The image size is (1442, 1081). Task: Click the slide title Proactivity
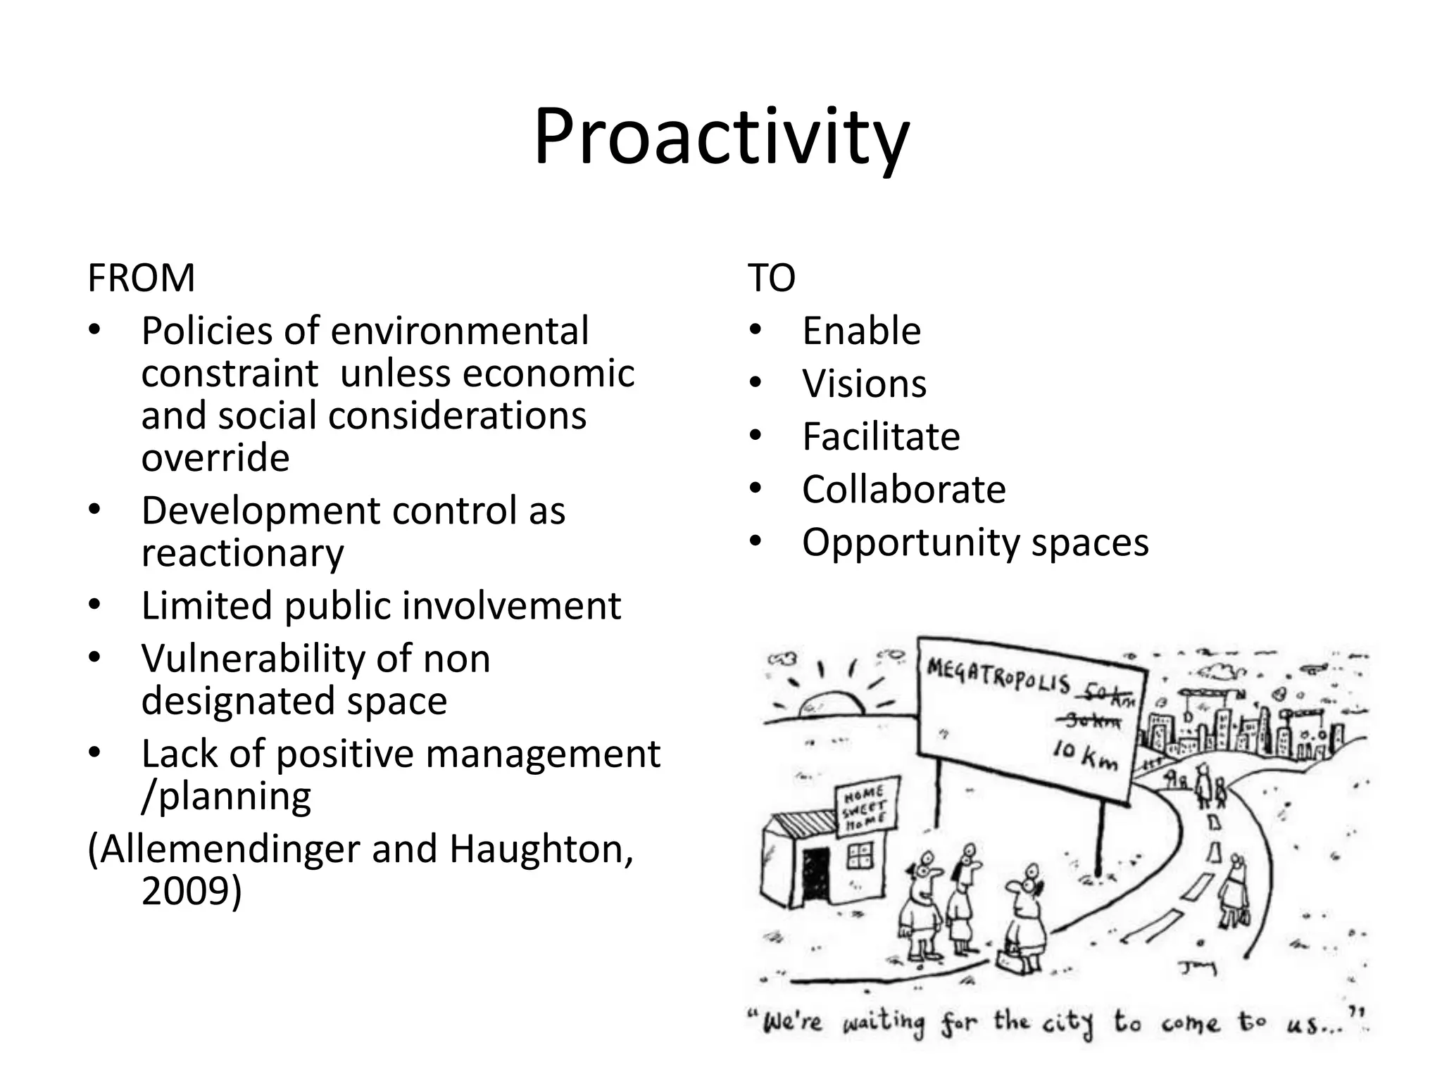point(721,137)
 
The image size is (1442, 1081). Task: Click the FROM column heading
point(141,278)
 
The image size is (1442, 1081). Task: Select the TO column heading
point(771,278)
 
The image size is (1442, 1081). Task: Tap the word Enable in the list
point(861,331)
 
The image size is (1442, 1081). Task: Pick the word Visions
point(864,384)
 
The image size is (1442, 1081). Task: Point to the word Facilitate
point(881,437)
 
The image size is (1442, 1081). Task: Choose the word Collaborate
point(904,490)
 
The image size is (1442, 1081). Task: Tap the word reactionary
point(242,554)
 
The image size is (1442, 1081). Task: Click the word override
point(215,458)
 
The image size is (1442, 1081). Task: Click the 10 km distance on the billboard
point(1085,757)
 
